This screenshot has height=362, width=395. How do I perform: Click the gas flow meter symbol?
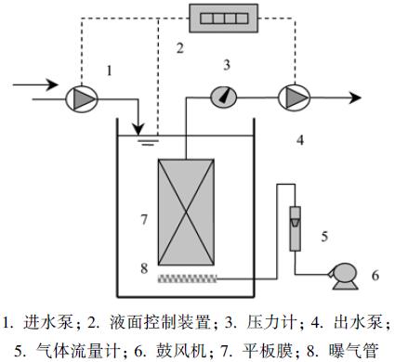tap(296, 219)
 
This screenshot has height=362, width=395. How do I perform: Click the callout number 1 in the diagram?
tap(112, 69)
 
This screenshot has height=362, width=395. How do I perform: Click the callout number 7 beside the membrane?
tap(142, 220)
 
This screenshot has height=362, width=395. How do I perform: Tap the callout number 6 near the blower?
tap(375, 277)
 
